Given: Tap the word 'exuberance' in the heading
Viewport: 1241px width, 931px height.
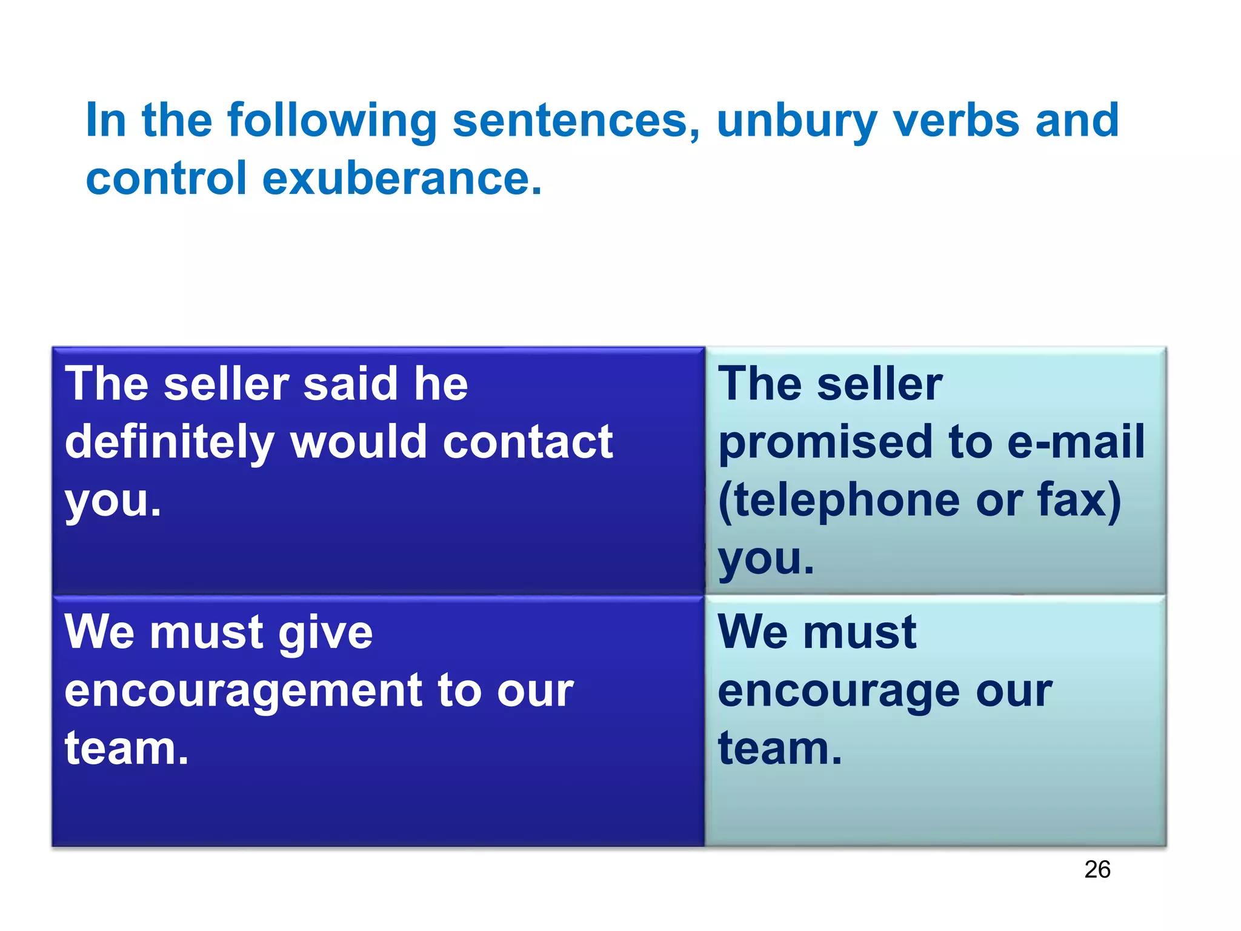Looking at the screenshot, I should (x=402, y=179).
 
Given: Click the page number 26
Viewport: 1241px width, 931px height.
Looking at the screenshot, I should (x=1097, y=869).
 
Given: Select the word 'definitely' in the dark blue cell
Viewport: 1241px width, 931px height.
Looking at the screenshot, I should (x=169, y=442).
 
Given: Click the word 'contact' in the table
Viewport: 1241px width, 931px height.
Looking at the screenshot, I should (x=527, y=442).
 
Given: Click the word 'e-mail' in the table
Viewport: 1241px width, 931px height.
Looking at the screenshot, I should (x=1076, y=442).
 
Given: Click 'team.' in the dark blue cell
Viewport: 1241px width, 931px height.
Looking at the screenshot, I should (x=126, y=749).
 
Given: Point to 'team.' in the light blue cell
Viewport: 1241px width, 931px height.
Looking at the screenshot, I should (x=779, y=749).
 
